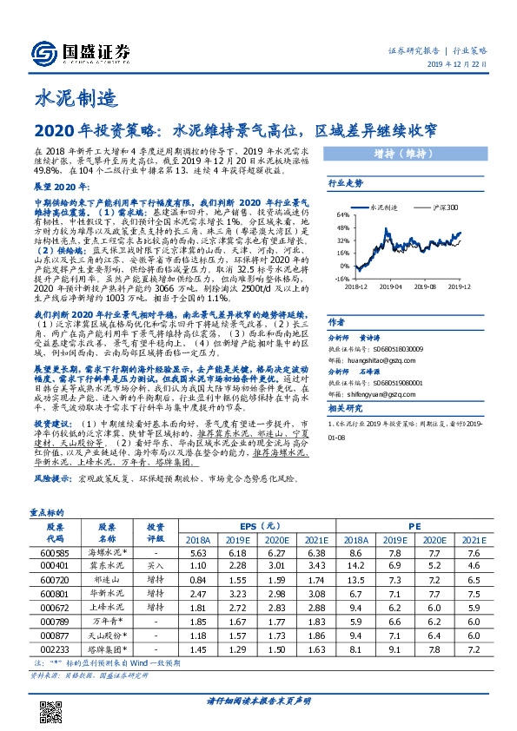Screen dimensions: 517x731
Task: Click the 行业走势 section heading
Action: click(346, 184)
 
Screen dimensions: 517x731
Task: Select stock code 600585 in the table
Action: click(55, 552)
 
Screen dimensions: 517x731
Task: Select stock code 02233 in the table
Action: click(55, 649)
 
